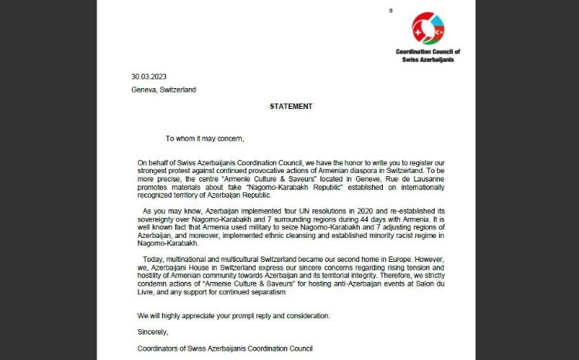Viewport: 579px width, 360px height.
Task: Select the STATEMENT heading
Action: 290,106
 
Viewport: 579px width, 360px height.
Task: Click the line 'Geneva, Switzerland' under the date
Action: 164,90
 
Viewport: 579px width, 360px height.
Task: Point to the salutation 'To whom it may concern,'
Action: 205,139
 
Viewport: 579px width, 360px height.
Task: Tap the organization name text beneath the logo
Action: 428,56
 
